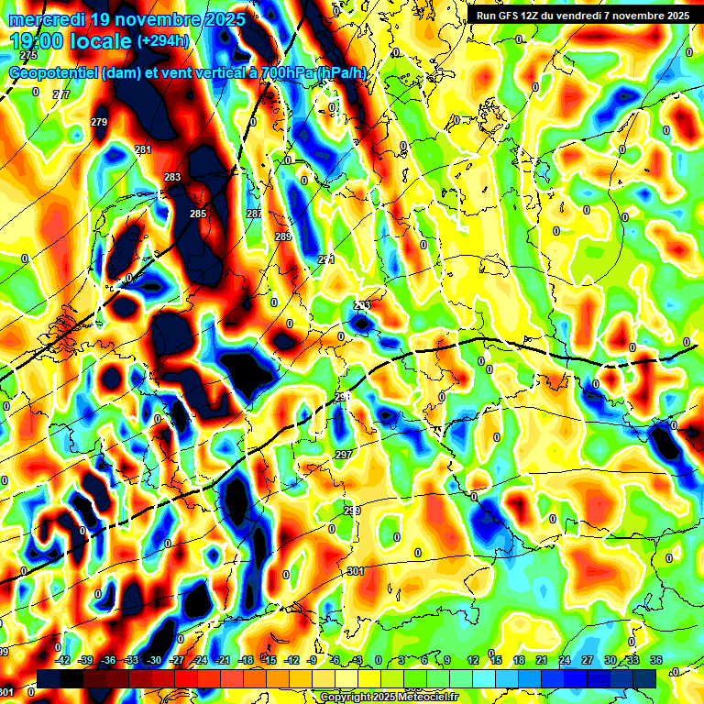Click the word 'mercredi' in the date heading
(43, 19)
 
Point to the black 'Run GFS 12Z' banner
(582, 16)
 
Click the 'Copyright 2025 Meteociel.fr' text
(388, 698)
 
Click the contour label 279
(99, 122)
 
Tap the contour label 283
(172, 177)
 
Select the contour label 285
(198, 214)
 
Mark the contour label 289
(283, 237)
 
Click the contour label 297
(344, 455)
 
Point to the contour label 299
(352, 511)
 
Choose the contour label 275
(28, 81)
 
